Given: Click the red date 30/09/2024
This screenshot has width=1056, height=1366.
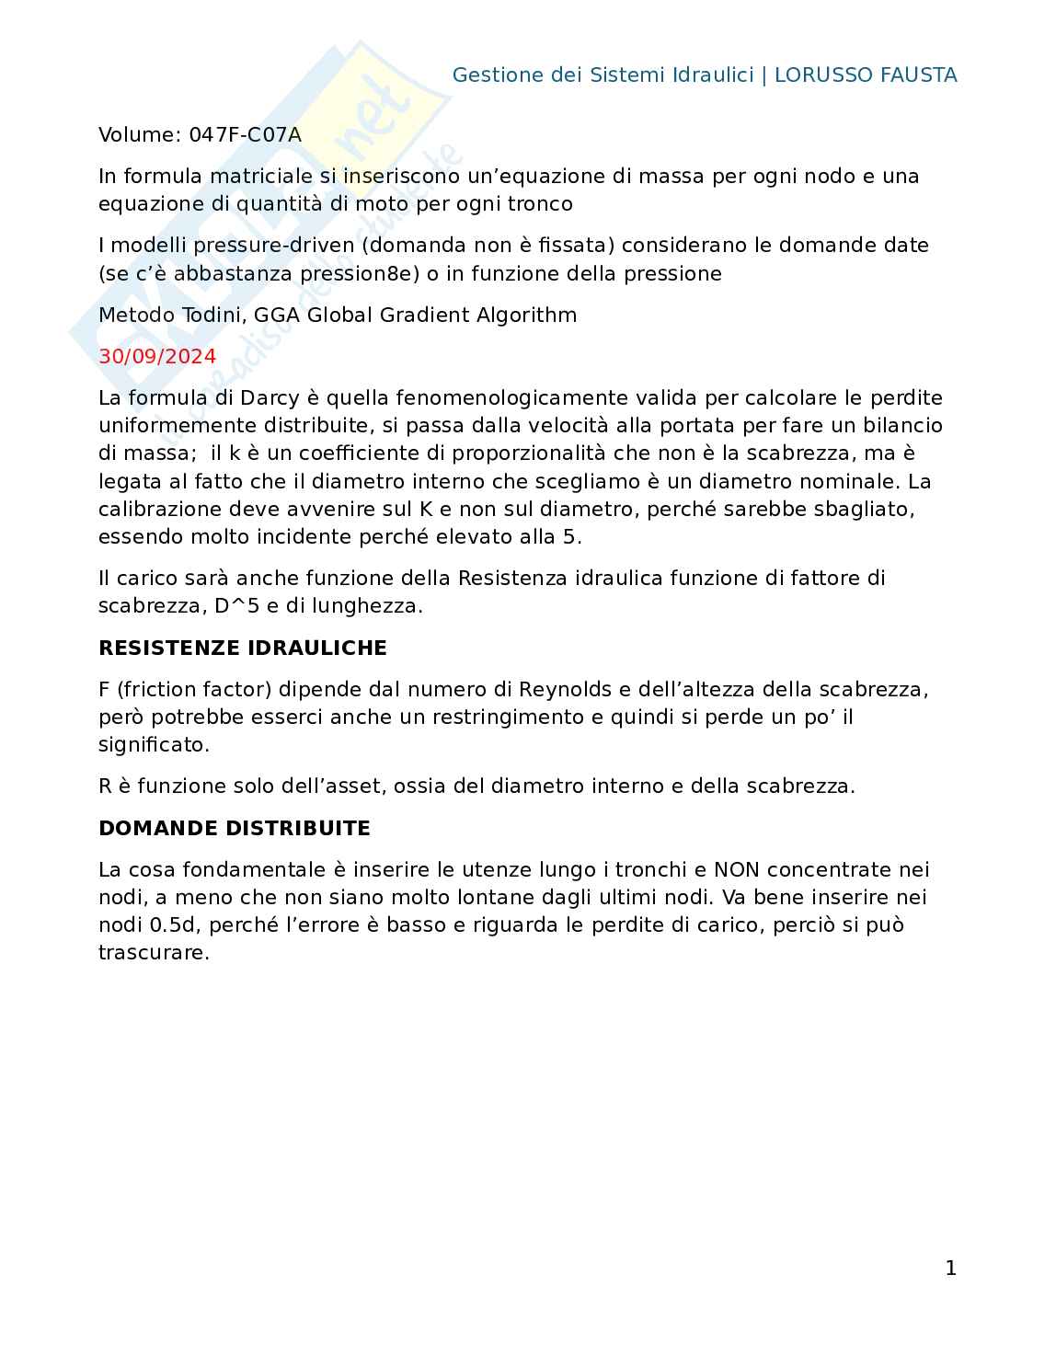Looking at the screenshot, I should [157, 357].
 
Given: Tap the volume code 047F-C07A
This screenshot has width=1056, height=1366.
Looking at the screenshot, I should [245, 135].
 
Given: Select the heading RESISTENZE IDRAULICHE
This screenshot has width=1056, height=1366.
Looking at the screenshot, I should [242, 648].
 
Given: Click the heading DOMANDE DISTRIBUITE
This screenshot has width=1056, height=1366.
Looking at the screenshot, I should [234, 828].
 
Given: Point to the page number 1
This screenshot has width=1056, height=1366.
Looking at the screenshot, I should [950, 1268].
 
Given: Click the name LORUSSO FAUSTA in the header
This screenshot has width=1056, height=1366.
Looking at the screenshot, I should [865, 75].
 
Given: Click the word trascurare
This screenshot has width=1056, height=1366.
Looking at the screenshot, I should [154, 953].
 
